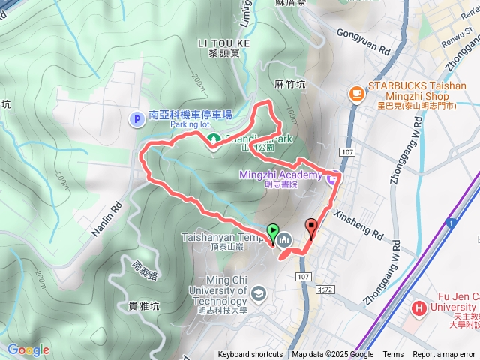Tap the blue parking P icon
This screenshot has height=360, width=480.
[137, 118]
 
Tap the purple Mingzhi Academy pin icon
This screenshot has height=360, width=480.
[331, 177]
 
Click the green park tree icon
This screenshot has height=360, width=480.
[214, 139]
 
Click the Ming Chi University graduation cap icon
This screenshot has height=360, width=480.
[259, 292]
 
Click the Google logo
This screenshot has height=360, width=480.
[28, 349]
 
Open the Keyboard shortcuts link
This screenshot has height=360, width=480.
[250, 355]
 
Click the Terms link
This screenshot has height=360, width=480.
[393, 355]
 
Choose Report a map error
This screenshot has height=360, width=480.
[444, 355]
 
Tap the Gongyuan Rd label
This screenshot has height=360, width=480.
[364, 44]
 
